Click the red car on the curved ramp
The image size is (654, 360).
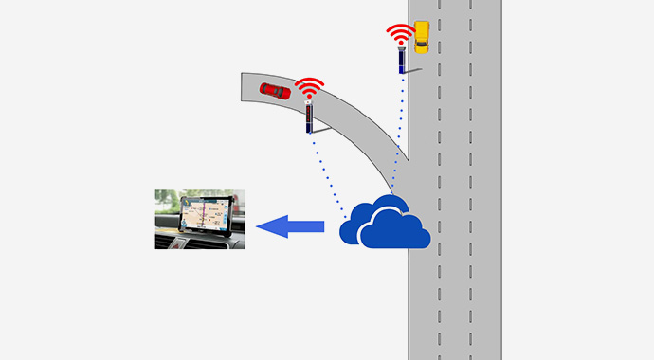click(x=275, y=90)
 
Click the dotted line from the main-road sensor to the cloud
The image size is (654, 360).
click(x=400, y=133)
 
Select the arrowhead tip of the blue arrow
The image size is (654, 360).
click(x=260, y=226)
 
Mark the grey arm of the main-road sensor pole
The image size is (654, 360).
click(x=413, y=70)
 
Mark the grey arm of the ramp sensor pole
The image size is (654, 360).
click(x=322, y=126)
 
